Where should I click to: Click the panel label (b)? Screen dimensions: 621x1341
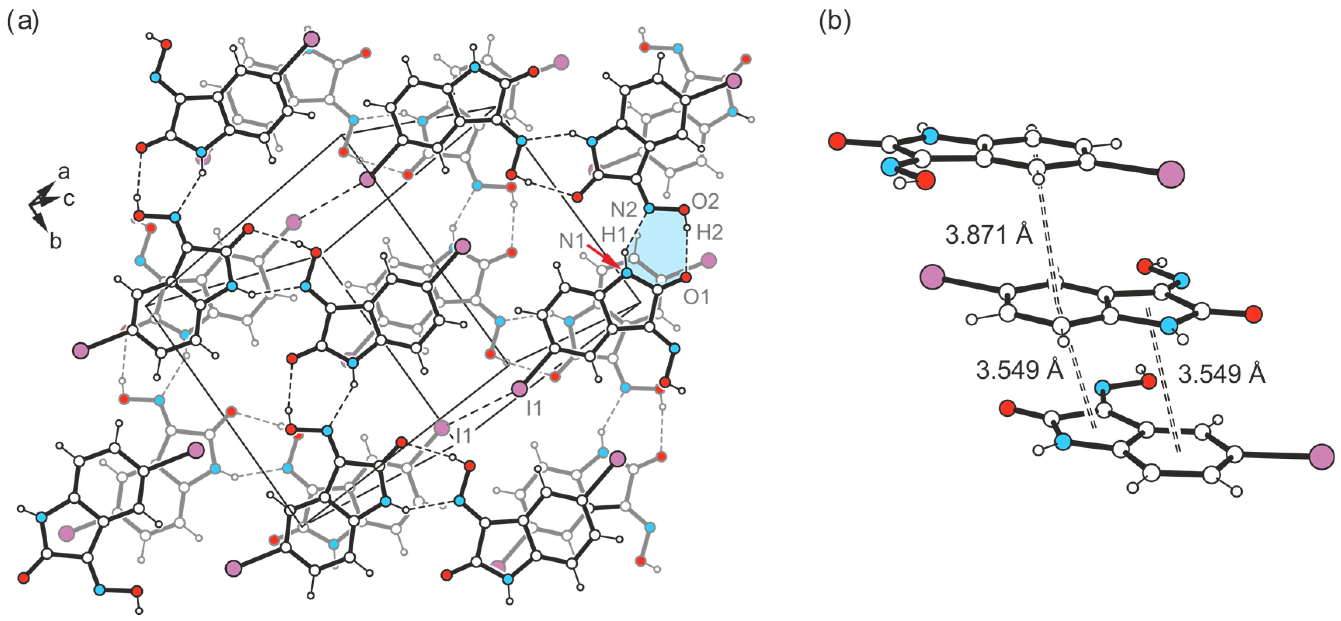point(834,23)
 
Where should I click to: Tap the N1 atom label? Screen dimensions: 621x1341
point(571,241)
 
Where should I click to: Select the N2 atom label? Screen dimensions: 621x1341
point(623,210)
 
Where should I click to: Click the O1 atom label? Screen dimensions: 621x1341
point(697,297)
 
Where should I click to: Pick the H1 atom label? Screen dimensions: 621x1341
point(614,235)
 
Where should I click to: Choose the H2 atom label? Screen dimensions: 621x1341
point(710,232)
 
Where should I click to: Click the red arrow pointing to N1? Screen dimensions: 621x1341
point(604,257)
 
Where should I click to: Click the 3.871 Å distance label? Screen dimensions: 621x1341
point(988,235)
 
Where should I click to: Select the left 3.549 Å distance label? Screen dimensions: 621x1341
point(1019,370)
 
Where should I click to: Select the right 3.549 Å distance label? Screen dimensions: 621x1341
point(1221,374)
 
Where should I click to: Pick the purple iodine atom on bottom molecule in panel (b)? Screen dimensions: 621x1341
point(1321,457)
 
